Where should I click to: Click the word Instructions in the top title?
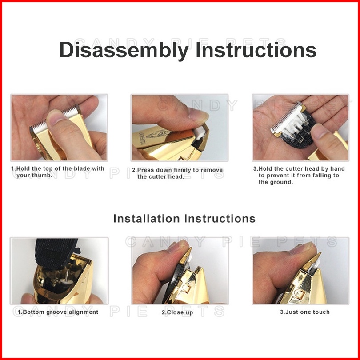tap(256, 50)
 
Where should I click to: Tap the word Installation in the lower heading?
tap(147, 219)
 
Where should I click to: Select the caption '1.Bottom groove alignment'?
tap(58, 312)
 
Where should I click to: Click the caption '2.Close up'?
tap(177, 312)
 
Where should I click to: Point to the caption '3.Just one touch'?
tap(305, 312)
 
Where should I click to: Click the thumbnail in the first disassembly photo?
tap(55, 116)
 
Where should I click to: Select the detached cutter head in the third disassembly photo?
tap(292, 126)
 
